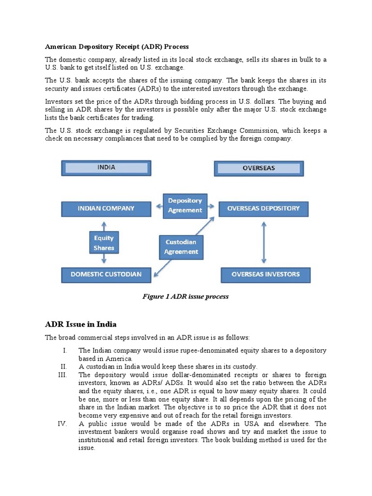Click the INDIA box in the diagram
point(106,168)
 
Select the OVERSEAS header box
point(259,168)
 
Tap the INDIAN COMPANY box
point(106,209)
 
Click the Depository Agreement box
point(185,205)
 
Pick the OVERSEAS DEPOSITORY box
point(263,209)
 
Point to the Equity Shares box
point(104,243)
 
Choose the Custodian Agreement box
point(181,247)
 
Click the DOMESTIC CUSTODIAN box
point(106,274)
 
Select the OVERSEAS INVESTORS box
point(265,274)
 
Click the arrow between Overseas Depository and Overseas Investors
point(263,242)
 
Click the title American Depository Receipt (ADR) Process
point(117,46)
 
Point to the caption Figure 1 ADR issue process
point(186,296)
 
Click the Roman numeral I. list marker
point(65,350)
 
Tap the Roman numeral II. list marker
point(64,367)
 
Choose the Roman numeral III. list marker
point(63,375)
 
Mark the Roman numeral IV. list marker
point(63,423)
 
